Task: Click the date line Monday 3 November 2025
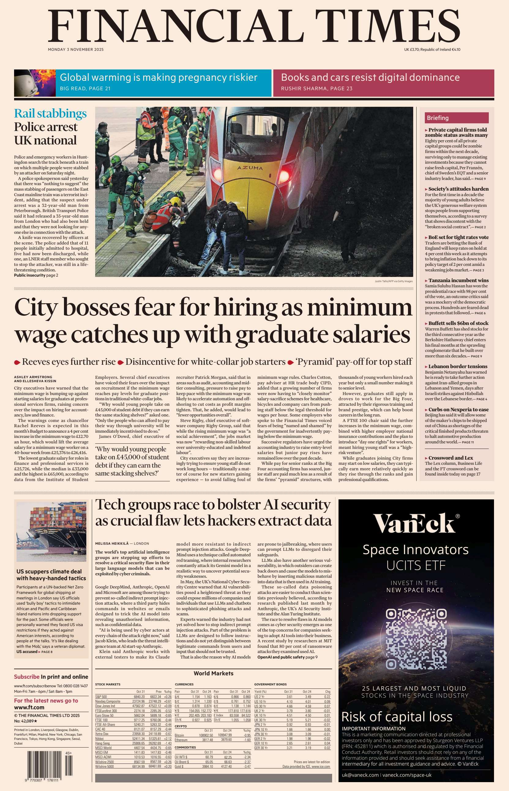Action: coord(76,50)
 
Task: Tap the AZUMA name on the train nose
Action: coord(250,168)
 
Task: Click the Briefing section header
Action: coord(438,118)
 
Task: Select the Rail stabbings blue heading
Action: coord(50,113)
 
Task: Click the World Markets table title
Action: coord(213,673)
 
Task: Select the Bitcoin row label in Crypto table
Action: coord(179,735)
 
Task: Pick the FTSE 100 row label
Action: coord(102,720)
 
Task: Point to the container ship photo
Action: coord(51,532)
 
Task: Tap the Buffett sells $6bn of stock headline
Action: coord(458,323)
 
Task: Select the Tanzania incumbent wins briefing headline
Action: coord(458,280)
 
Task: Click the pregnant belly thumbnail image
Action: coord(30,83)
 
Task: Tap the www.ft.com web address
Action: coord(29,707)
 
